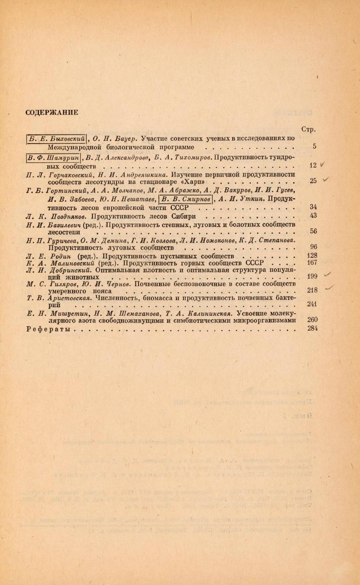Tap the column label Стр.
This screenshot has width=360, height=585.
pyautogui.click(x=309, y=129)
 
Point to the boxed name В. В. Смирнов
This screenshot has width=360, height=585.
pyautogui.click(x=186, y=198)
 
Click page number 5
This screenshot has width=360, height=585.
pyautogui.click(x=314, y=147)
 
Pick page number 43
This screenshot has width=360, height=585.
pyautogui.click(x=313, y=215)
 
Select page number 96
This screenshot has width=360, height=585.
pyautogui.click(x=313, y=247)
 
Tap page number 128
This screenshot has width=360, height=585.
pyautogui.click(x=312, y=256)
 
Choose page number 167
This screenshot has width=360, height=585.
pyautogui.click(x=312, y=263)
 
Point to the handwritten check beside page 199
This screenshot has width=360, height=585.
pyautogui.click(x=329, y=275)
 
